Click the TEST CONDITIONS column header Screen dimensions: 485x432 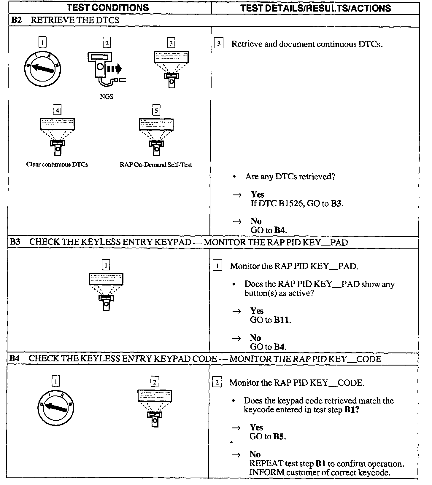[x=108, y=7]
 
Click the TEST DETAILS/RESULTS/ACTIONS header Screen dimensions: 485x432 [x=315, y=8]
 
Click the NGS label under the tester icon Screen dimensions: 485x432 [x=107, y=97]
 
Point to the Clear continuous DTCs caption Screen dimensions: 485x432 [x=57, y=165]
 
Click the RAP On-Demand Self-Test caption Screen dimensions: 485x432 [x=156, y=165]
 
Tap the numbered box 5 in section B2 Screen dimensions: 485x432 [x=156, y=110]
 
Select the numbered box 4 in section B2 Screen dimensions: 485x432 [x=57, y=110]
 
